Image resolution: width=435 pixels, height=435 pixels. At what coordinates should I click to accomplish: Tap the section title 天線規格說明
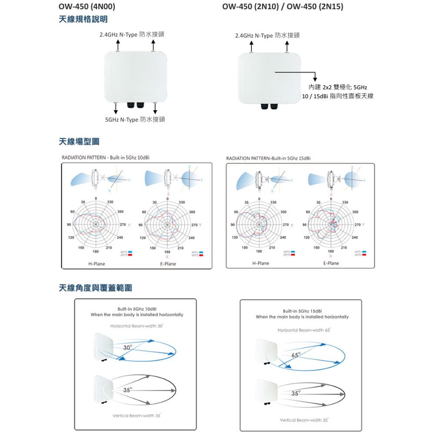[x=83, y=19]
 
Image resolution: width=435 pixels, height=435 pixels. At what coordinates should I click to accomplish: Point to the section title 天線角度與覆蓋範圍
[x=95, y=288]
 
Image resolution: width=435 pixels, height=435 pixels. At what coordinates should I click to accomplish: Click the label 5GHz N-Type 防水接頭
[x=135, y=120]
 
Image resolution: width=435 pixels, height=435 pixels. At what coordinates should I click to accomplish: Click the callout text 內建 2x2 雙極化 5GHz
[x=338, y=87]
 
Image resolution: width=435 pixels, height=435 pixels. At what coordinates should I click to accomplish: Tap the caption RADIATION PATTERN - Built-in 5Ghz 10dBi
[x=106, y=157]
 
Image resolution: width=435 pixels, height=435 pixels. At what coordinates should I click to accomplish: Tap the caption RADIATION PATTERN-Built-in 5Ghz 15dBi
[x=268, y=157]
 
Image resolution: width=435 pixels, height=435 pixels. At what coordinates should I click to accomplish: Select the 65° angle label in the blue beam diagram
[x=296, y=355]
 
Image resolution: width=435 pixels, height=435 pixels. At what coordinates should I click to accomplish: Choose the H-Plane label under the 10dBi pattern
[x=97, y=264]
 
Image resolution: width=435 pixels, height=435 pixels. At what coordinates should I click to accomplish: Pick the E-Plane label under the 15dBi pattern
[x=331, y=263]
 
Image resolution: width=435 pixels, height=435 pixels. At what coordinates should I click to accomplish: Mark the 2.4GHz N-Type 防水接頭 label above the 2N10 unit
[x=267, y=35]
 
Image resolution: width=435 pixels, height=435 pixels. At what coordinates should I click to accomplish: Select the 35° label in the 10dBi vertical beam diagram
[x=127, y=390]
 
